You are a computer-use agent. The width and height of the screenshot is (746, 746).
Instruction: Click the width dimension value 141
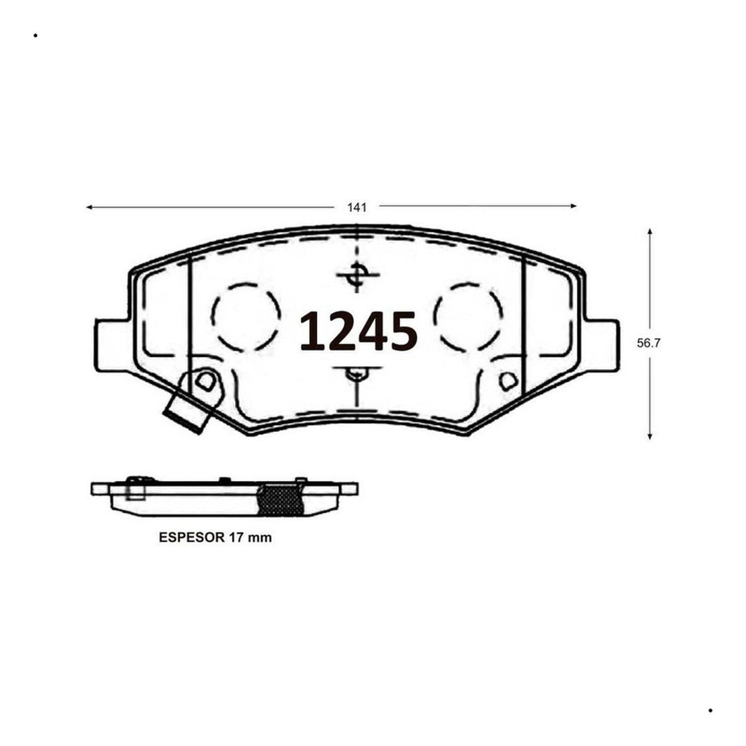[357, 208]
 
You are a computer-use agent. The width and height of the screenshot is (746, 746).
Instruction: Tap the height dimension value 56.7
[648, 343]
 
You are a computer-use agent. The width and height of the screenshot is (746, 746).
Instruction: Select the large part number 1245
[359, 332]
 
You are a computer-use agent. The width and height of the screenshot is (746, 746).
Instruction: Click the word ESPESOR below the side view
[191, 538]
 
